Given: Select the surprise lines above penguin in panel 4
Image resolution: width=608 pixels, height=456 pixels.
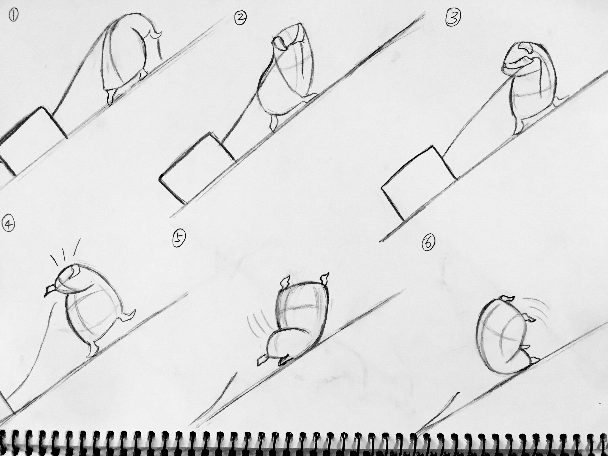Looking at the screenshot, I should pyautogui.click(x=65, y=251).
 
